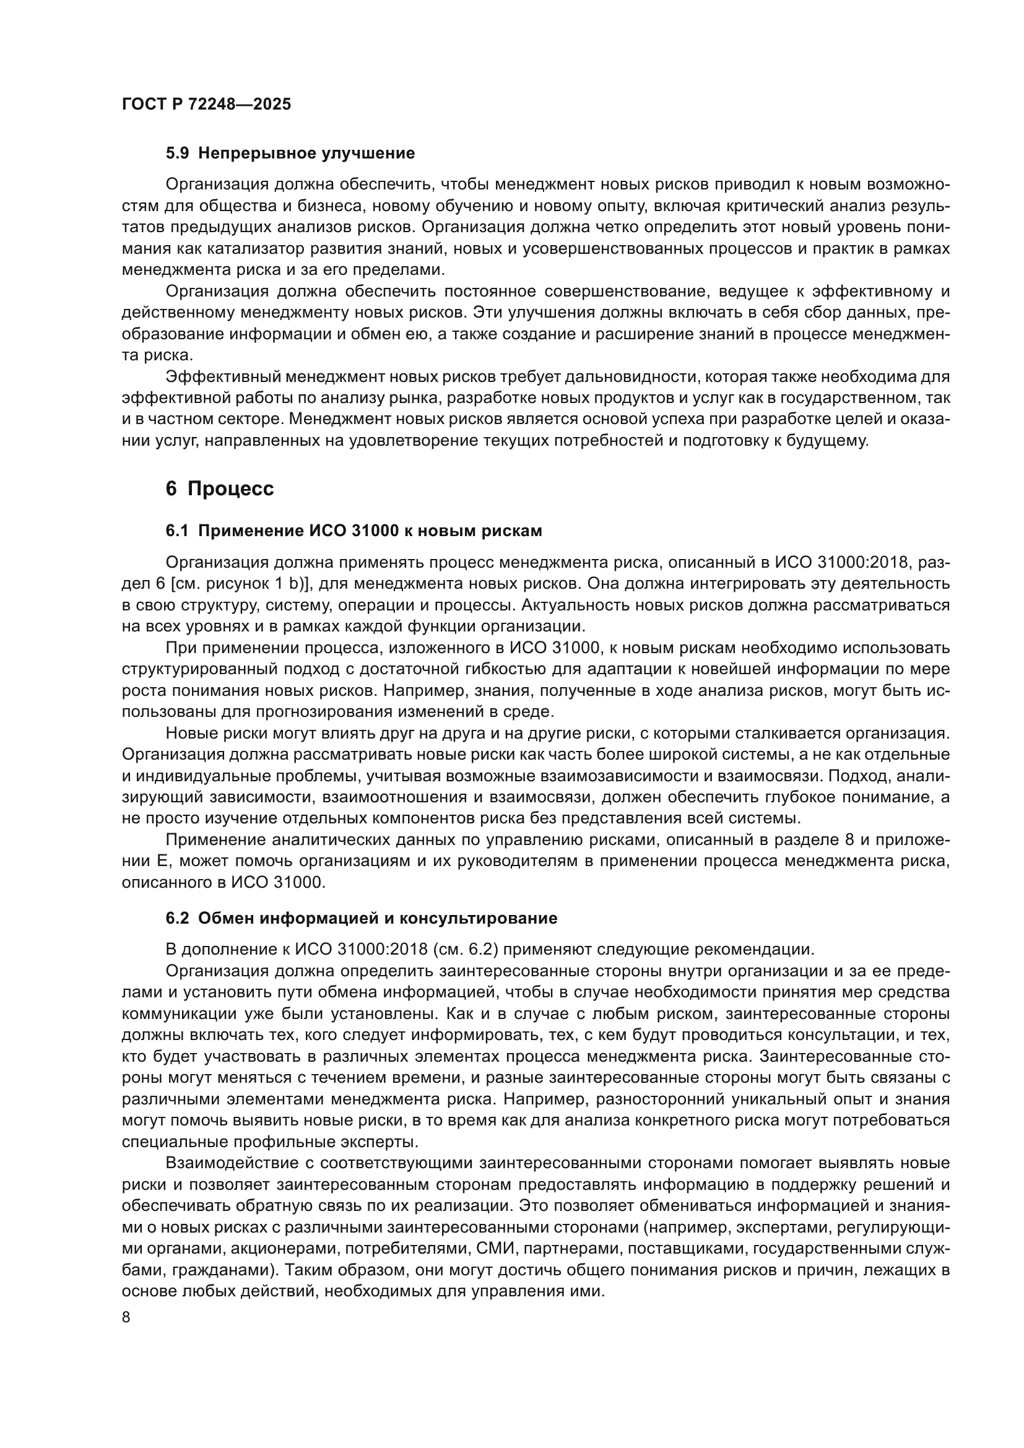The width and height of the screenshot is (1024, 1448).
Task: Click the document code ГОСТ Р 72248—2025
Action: coord(206,105)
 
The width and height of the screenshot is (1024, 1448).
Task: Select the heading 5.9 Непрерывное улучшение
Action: coord(290,154)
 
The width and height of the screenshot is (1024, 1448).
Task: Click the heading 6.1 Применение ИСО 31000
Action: coord(354,531)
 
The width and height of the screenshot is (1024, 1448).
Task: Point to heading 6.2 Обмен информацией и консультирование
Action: coord(362,918)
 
